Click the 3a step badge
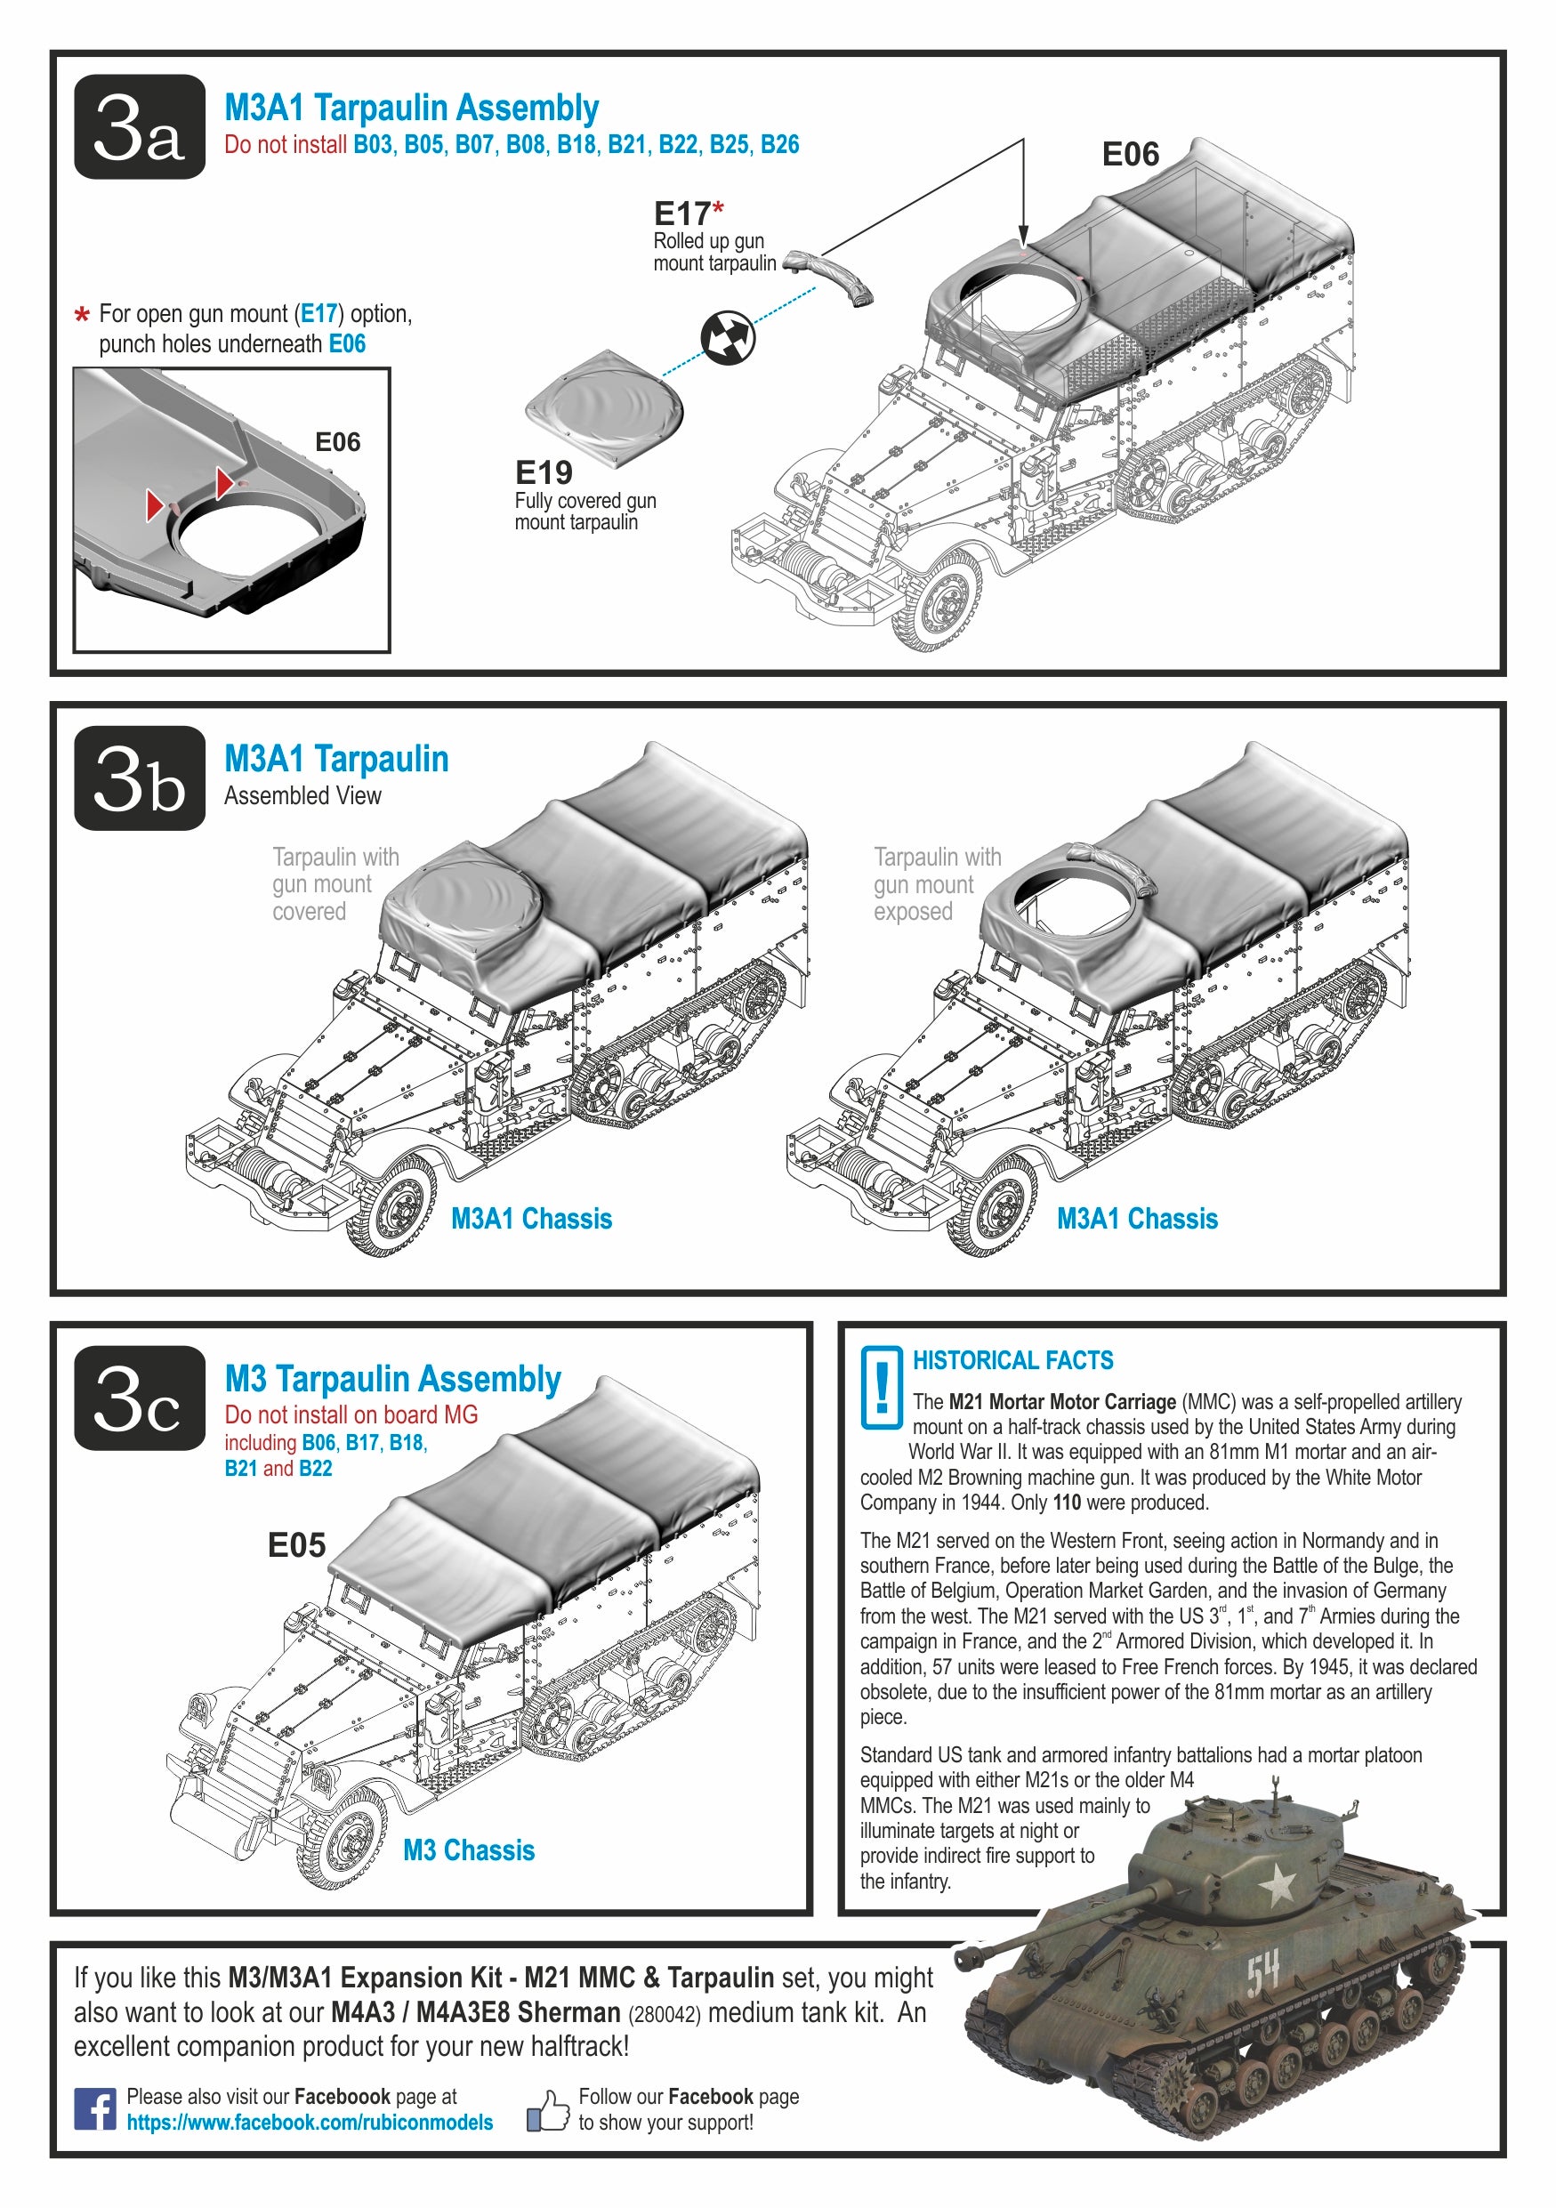pyautogui.click(x=140, y=127)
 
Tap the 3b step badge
pyautogui.click(x=140, y=778)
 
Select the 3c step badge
pyautogui.click(x=140, y=1398)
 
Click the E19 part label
pyautogui.click(x=544, y=472)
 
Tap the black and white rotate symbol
pyautogui.click(x=728, y=337)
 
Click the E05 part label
pyautogui.click(x=296, y=1545)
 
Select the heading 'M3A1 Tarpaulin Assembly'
pyautogui.click(x=412, y=108)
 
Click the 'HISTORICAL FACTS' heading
pyautogui.click(x=1012, y=1360)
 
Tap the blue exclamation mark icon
pyautogui.click(x=881, y=1386)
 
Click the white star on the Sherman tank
pyautogui.click(x=1278, y=1884)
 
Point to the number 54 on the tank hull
pyautogui.click(x=1262, y=1973)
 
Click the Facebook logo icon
pyautogui.click(x=95, y=2108)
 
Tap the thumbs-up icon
pyautogui.click(x=548, y=2111)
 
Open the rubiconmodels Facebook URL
pyautogui.click(x=310, y=2123)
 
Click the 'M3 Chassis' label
pyautogui.click(x=468, y=1849)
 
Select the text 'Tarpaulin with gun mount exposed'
pyautogui.click(x=936, y=883)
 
